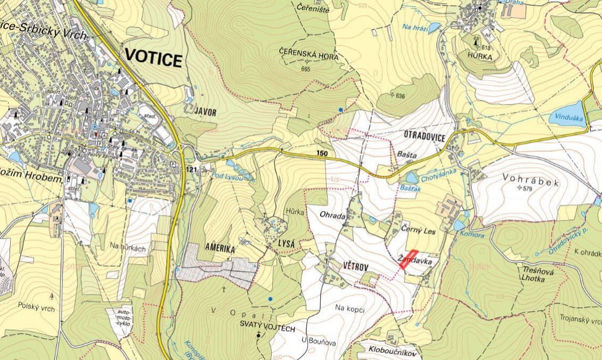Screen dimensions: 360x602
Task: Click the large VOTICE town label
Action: pyautogui.click(x=153, y=60)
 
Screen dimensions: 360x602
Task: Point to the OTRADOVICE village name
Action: pyautogui.click(x=420, y=137)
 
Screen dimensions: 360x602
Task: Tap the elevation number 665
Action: pyautogui.click(x=305, y=69)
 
